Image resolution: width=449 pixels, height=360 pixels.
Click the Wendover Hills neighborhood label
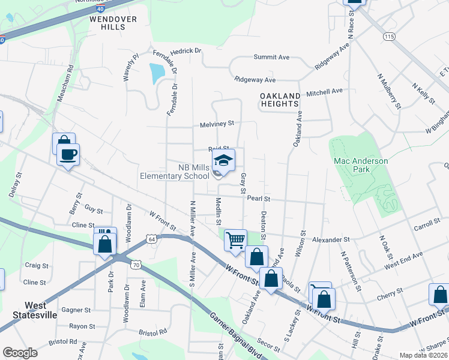tap(113, 23)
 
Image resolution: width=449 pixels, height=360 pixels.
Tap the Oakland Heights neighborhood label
tap(280, 100)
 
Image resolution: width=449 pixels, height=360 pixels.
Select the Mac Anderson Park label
tap(361, 165)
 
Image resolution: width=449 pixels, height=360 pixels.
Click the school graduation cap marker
tap(223, 161)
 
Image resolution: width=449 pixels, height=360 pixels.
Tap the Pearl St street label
tap(259, 198)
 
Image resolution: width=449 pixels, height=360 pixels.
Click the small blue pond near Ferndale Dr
tap(156, 73)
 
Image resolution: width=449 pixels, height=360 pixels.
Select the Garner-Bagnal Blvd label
tap(234, 333)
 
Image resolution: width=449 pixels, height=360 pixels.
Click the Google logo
tap(20, 353)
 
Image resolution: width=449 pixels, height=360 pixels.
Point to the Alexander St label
tap(331, 239)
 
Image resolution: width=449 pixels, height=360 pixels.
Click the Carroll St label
tap(427, 227)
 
